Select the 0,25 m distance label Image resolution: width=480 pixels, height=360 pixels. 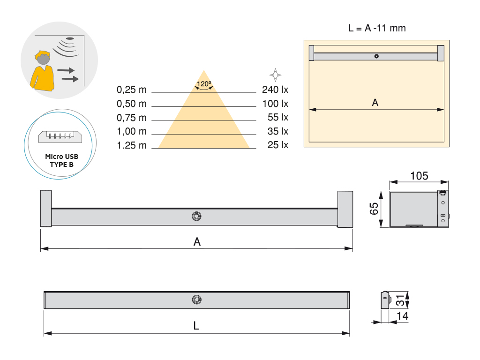pos(131,90)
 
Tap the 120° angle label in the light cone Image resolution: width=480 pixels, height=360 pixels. pos(203,84)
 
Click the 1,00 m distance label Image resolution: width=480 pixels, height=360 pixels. pos(131,132)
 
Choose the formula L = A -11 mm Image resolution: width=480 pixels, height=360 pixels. pos(377,28)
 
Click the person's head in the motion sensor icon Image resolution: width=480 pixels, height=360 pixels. pos(43,59)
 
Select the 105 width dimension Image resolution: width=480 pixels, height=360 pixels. pos(419,176)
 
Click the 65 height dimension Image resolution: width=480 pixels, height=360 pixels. pos(374,209)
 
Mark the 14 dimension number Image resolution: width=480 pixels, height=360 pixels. pos(402,316)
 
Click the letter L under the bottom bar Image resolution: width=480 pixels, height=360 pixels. pos(196,325)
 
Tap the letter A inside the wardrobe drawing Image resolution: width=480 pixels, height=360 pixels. pos(375,103)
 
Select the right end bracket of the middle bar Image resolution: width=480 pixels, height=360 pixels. pos(345,209)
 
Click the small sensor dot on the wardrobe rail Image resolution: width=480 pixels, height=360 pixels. pos(376,56)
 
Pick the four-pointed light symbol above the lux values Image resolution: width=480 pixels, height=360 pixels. pos(275,74)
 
